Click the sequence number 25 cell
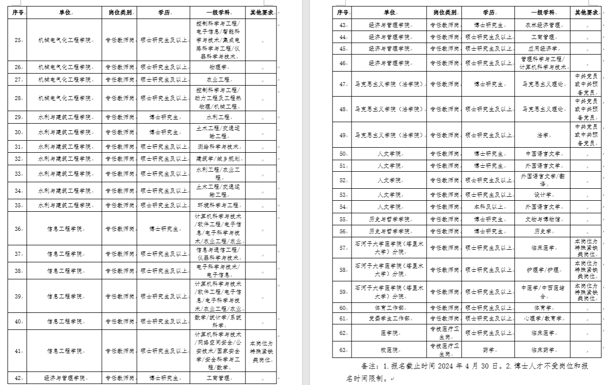pyautogui.click(x=18, y=40)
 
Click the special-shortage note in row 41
pyautogui.click(x=263, y=351)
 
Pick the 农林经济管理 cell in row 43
pyautogui.click(x=542, y=25)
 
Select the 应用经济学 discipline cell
pyautogui.click(x=542, y=49)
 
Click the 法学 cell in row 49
pyautogui.click(x=542, y=135)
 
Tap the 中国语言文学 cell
pyautogui.click(x=542, y=154)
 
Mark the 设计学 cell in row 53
pyautogui.click(x=542, y=195)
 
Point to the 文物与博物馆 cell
pyautogui.click(x=542, y=219)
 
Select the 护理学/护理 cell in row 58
pyautogui.click(x=542, y=270)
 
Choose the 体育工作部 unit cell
pyautogui.click(x=389, y=308)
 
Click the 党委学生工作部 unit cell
pyautogui.click(x=389, y=318)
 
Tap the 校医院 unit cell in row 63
pyautogui.click(x=389, y=350)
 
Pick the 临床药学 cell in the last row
pyautogui.click(x=542, y=350)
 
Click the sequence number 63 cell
pyautogui.click(x=343, y=350)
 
